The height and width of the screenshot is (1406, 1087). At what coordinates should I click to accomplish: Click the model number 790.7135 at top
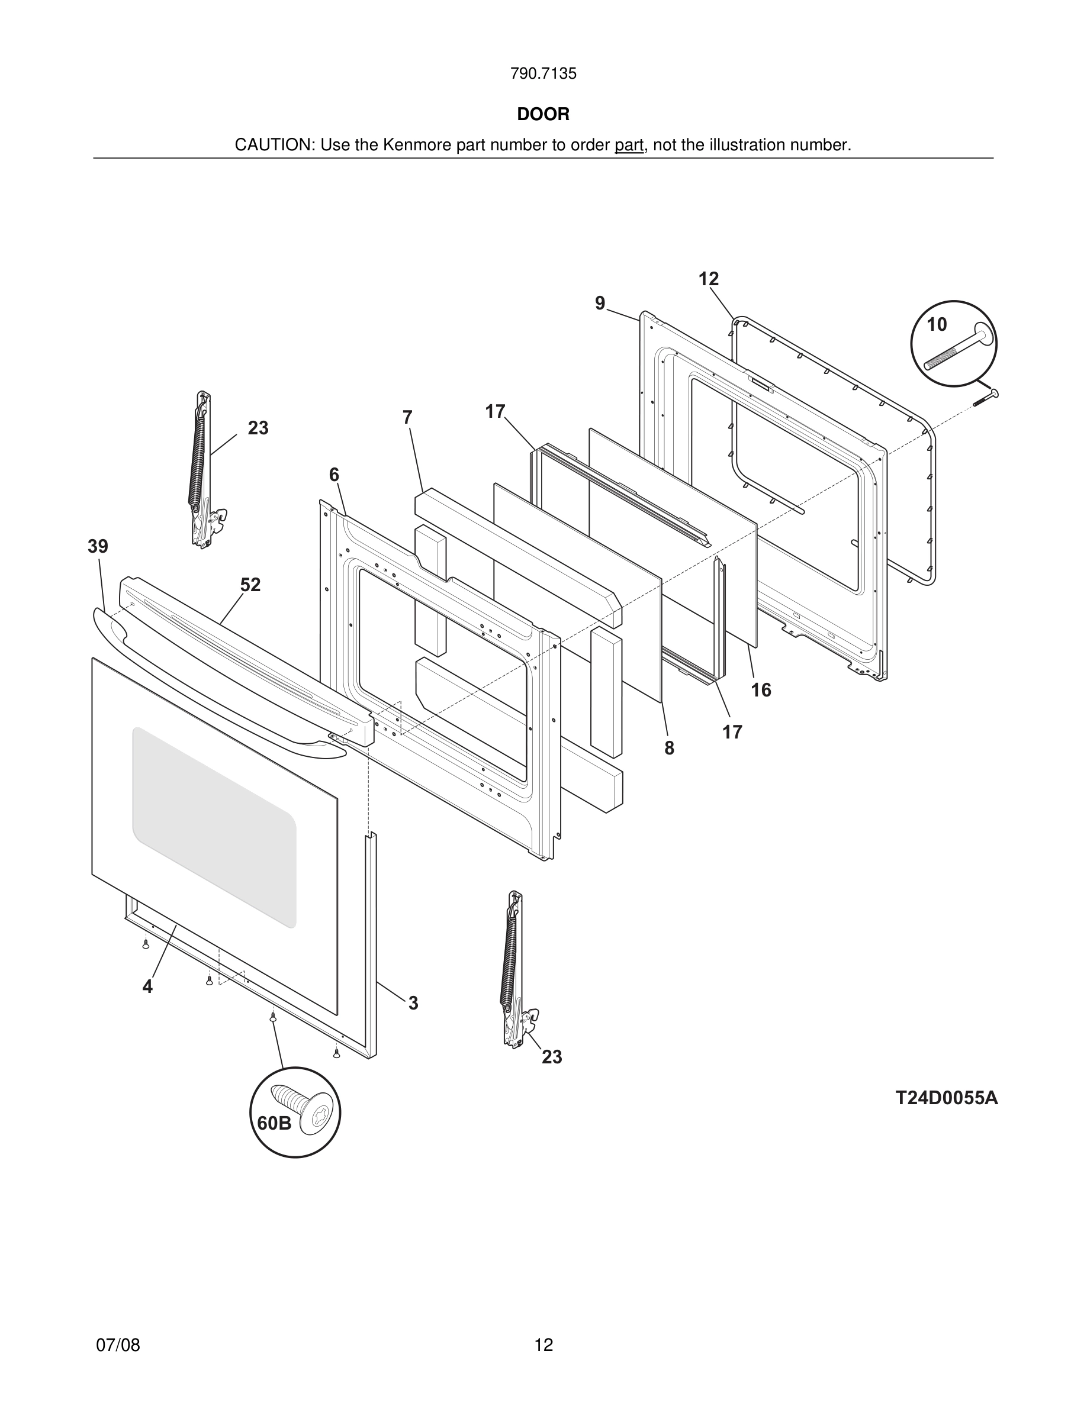(543, 74)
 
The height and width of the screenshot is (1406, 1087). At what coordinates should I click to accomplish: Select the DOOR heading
(543, 115)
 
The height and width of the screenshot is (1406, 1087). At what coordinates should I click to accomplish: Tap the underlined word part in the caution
(629, 146)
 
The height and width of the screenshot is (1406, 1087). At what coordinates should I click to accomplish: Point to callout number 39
(98, 547)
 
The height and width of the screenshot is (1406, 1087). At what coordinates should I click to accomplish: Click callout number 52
(250, 585)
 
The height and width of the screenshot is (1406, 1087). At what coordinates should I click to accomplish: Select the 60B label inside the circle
(274, 1123)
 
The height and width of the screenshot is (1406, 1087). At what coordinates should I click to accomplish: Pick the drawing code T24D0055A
(946, 1098)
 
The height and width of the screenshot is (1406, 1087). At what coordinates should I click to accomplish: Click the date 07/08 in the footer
(118, 1345)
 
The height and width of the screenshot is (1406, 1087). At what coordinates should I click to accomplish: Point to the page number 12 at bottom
(543, 1345)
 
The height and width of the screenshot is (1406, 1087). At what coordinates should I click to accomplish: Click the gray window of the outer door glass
(214, 827)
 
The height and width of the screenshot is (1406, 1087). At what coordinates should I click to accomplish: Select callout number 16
(761, 690)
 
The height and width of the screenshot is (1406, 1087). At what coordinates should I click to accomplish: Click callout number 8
(669, 748)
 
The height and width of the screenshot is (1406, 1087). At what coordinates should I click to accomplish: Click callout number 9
(600, 303)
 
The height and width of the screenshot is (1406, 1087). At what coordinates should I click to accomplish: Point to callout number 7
(407, 418)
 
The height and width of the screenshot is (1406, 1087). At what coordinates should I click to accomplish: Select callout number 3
(413, 1003)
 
